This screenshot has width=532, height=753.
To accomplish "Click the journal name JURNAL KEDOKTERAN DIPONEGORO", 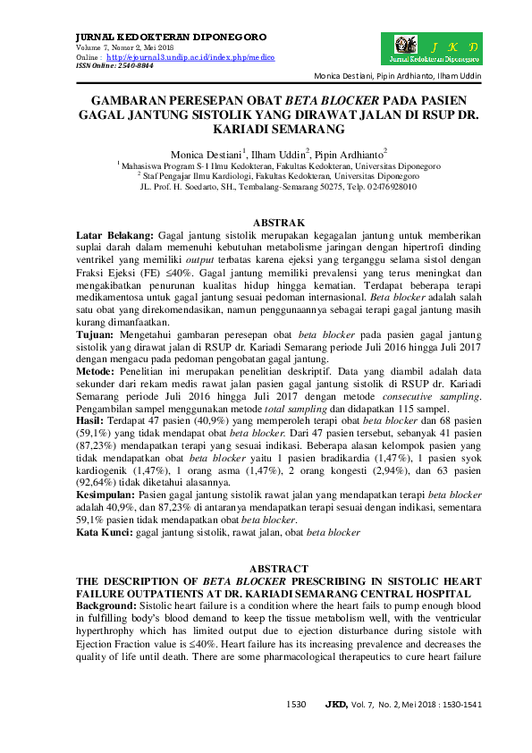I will [170, 37].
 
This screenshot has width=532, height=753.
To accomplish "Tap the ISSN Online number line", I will [114, 65].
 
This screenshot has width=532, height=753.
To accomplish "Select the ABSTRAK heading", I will [280, 220].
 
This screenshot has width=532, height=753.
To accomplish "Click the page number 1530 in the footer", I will [296, 704].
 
